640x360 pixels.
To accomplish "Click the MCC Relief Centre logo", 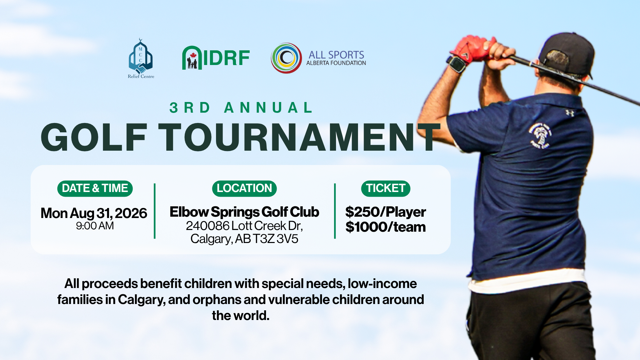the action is coord(141,58).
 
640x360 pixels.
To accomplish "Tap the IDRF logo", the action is coord(216,58).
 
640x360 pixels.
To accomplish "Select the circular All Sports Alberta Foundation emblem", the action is coord(286,58).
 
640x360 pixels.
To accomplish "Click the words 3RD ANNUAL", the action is coord(241,108).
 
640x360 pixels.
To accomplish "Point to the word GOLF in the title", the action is coord(94,137).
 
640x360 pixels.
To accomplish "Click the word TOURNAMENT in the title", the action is coord(299,137).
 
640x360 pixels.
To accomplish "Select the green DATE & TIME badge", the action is coord(95,188).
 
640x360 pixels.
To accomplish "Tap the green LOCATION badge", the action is coord(244,188).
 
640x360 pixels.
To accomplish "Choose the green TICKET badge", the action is coord(386,188).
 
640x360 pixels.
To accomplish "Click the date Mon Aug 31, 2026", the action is coord(94,213).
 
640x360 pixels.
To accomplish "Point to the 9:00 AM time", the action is coord(95,226).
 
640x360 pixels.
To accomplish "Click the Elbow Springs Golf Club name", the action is coord(244,212).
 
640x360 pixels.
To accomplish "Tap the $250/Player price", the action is coord(386,212).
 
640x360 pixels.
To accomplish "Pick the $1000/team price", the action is coord(386,227).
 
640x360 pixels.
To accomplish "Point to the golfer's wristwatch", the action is coord(457,64).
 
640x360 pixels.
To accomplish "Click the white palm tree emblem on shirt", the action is coord(540,135).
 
